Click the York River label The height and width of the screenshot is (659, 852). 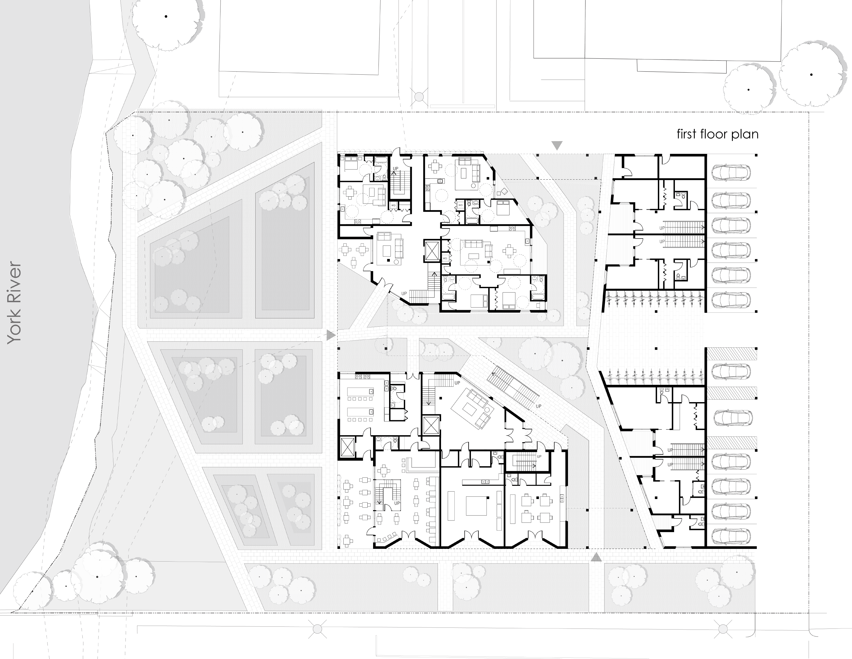14,303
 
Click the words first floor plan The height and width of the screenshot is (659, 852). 717,134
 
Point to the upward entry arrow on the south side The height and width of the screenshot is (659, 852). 595,557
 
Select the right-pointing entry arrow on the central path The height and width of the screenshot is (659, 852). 331,335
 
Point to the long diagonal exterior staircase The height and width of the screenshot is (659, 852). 512,387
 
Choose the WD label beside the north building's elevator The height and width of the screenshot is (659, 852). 445,258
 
